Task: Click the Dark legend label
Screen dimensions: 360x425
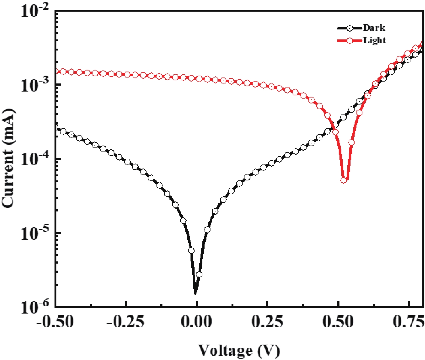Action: point(374,28)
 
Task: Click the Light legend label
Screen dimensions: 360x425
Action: point(375,41)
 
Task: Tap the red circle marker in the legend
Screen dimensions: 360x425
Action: point(350,41)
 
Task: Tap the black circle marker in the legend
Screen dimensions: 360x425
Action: point(350,28)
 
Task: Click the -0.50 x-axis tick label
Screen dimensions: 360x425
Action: point(55,322)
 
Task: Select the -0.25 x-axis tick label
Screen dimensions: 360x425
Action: point(125,322)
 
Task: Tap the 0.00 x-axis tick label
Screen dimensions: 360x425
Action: point(196,322)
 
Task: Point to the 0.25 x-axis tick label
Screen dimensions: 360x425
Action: point(267,322)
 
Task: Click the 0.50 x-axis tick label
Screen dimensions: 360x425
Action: point(338,322)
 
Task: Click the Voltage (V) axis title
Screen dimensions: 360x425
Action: point(239,351)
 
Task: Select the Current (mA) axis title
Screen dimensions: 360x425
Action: point(8,159)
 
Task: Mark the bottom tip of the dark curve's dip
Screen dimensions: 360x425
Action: point(195,294)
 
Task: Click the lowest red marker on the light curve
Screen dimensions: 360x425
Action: point(343,180)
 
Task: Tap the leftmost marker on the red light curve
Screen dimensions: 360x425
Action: point(63,72)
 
